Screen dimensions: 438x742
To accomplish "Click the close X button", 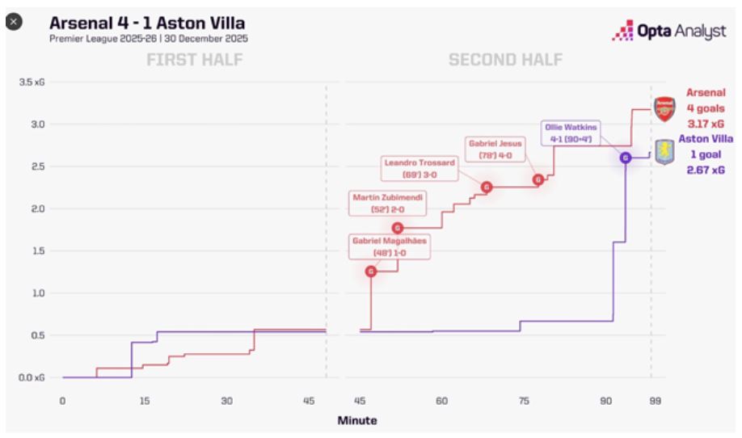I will coord(14,22).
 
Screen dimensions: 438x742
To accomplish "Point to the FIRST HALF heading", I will coord(194,60).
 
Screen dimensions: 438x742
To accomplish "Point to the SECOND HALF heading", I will coord(507,60).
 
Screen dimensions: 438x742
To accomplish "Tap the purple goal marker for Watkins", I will coord(625,158).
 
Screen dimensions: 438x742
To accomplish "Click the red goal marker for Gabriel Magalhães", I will coord(371,272).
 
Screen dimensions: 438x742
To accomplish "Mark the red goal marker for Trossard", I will coord(487,187).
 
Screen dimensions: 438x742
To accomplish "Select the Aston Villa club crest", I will coord(664,151).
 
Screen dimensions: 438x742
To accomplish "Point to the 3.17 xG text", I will coord(705,124).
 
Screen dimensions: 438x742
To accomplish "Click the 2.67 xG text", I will coord(705,169).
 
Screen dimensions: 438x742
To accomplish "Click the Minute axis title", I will coord(356,421).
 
